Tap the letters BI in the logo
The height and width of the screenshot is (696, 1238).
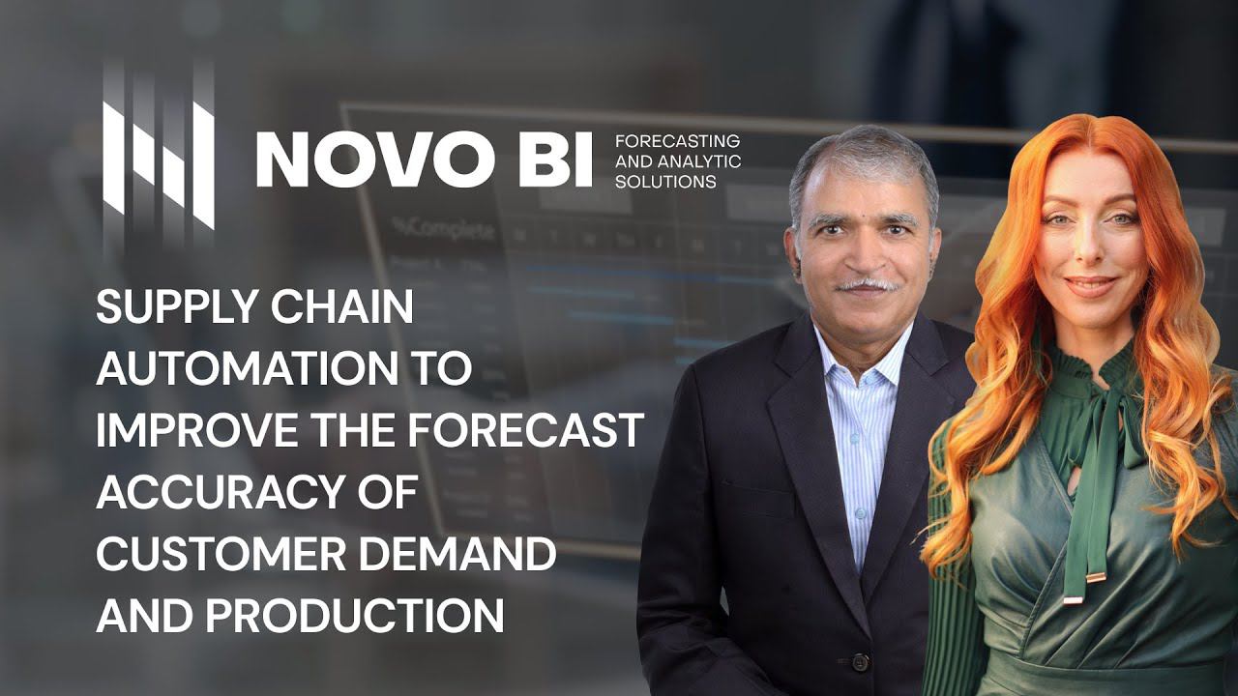tap(555, 159)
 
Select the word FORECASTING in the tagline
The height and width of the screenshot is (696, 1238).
tap(677, 141)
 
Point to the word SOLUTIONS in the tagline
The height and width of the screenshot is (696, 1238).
tap(665, 182)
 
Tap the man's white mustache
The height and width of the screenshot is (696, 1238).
tap(864, 285)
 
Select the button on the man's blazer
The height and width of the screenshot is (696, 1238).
tap(858, 662)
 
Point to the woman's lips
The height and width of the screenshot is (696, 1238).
tap(1090, 286)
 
